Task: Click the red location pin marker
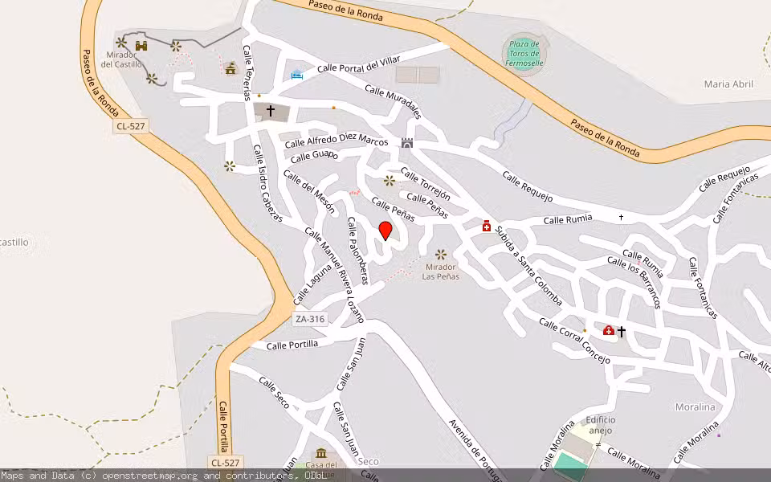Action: tap(385, 231)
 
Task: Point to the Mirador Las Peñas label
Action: tap(441, 272)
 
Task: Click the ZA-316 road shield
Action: tap(310, 319)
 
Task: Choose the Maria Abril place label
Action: tap(728, 84)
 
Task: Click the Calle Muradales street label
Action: tap(393, 102)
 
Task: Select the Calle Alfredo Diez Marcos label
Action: tap(337, 140)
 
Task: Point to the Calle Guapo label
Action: tap(314, 155)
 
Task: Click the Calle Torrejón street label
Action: tap(426, 183)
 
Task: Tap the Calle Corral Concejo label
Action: tap(574, 341)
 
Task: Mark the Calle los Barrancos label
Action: tap(634, 282)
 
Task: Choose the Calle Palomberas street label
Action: tap(357, 250)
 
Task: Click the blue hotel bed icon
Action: tap(296, 75)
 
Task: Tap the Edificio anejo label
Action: tap(600, 425)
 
